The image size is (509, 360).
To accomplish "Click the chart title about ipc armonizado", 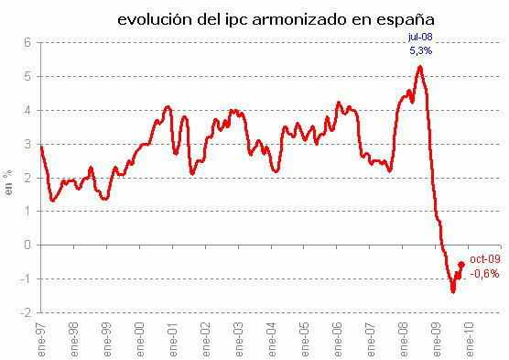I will click(x=276, y=18).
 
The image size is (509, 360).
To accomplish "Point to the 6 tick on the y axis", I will click(x=27, y=42).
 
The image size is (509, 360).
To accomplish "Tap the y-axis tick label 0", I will click(x=27, y=245).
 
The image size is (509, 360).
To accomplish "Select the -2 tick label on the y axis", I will click(x=25, y=312).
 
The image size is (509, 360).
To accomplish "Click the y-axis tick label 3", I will click(x=27, y=144).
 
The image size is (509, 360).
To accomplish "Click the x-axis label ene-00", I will click(x=140, y=334).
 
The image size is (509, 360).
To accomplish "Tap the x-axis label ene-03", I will click(x=239, y=334).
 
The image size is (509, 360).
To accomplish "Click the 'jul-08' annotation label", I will click(x=419, y=38).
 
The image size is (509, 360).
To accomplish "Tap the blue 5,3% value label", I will click(x=420, y=51).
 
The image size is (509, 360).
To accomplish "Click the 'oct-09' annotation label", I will click(x=484, y=259).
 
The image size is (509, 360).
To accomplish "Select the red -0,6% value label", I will click(x=484, y=273).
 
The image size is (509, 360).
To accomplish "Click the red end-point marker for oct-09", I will click(x=460, y=265).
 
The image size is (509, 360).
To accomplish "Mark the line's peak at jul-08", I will click(x=419, y=66).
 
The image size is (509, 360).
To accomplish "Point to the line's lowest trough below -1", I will click(x=452, y=291).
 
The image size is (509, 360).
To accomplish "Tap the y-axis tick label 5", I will click(x=27, y=76).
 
